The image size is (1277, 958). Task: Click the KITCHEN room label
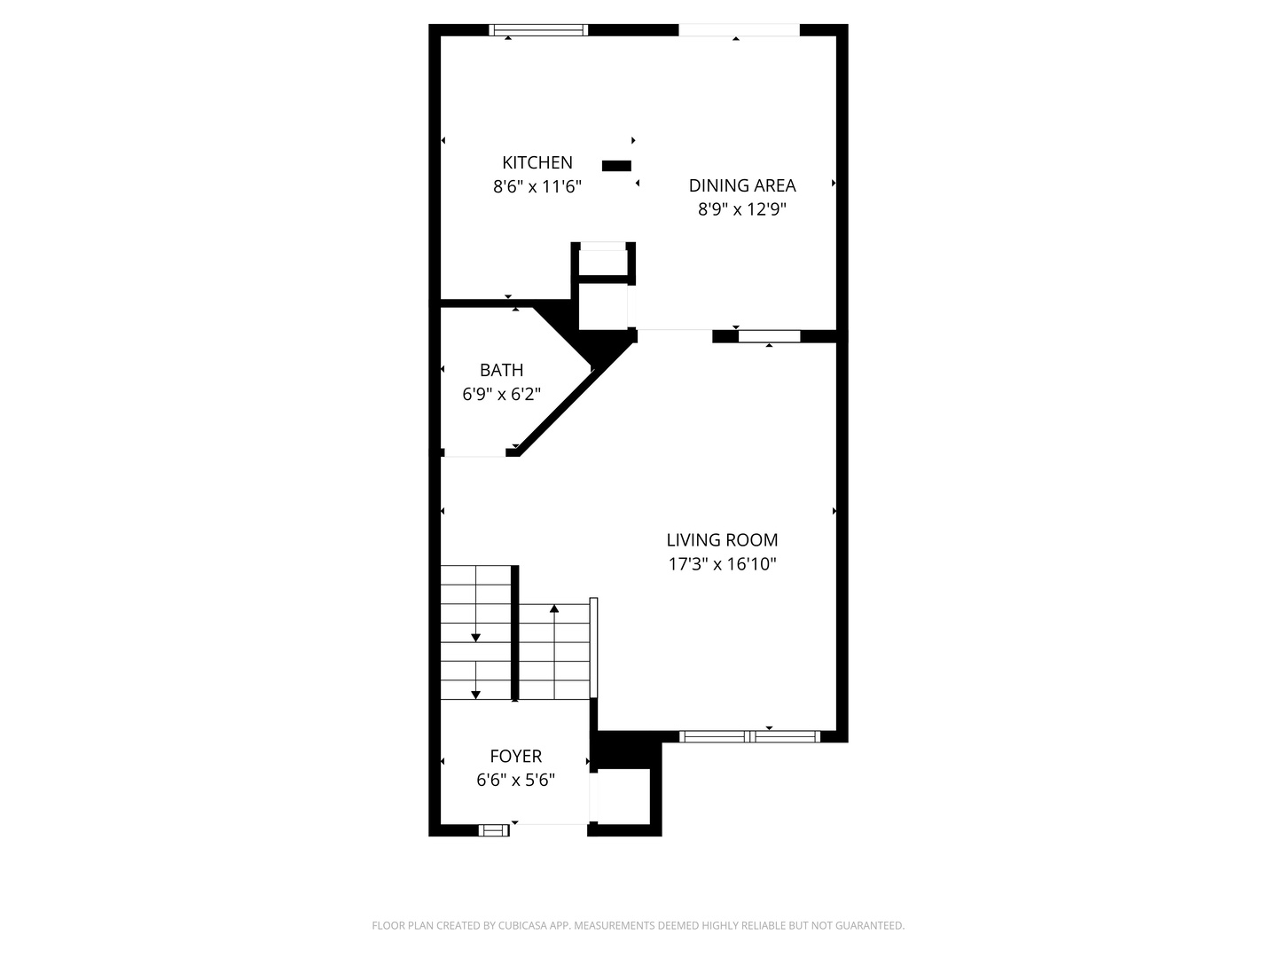point(537,162)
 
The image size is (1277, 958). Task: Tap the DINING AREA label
point(742,185)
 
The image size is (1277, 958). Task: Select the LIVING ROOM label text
point(722,539)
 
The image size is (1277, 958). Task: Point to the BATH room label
point(501,370)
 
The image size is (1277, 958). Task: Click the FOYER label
point(515,756)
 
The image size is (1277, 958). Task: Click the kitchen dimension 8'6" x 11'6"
point(537,186)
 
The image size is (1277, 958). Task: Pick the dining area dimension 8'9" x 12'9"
point(742,209)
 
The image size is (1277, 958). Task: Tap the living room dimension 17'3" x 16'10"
point(722,563)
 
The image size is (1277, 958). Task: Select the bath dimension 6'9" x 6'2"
point(501,394)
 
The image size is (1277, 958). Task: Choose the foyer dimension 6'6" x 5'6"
point(515,780)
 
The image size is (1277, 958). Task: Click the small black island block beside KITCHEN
point(616,165)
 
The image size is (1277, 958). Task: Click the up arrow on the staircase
point(554,609)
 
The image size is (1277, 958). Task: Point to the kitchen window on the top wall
point(538,30)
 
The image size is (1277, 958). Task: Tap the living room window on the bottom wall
point(750,735)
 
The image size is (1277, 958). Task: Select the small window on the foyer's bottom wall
point(493,830)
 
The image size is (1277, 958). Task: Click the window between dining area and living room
point(769,336)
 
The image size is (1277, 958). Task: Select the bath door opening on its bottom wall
point(474,453)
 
